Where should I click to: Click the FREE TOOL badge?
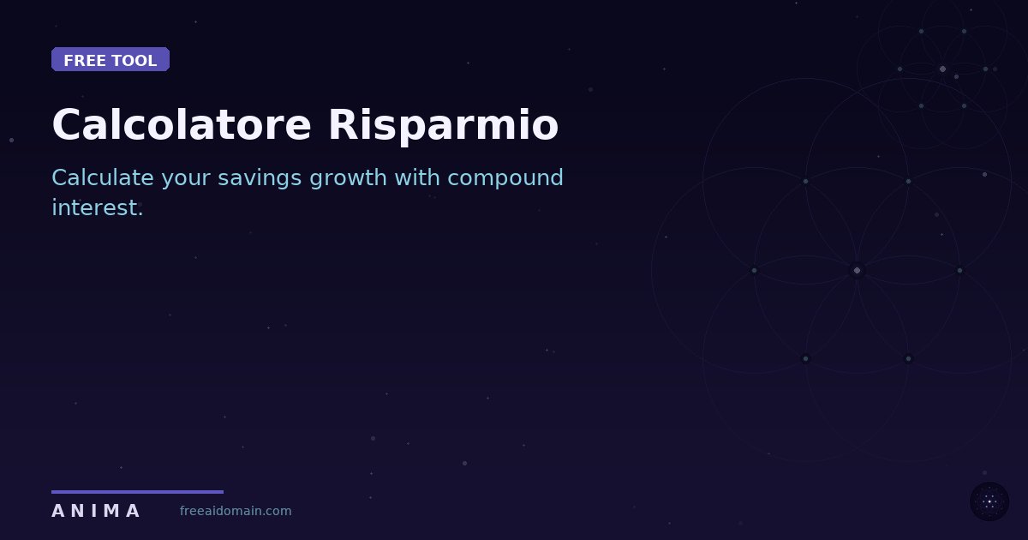click(x=111, y=60)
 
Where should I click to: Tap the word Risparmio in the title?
click(x=443, y=125)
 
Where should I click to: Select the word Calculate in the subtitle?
click(x=103, y=178)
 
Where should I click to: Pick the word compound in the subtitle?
click(x=505, y=178)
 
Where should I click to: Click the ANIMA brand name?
click(x=95, y=512)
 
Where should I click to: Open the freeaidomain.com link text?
click(x=236, y=512)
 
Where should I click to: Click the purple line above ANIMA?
click(x=137, y=492)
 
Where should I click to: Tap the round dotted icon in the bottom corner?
click(x=989, y=501)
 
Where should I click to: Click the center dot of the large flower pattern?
click(x=857, y=271)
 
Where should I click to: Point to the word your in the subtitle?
click(x=186, y=178)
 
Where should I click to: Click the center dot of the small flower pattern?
click(x=942, y=69)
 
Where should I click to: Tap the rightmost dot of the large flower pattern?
click(x=959, y=271)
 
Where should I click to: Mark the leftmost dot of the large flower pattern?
click(x=754, y=271)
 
